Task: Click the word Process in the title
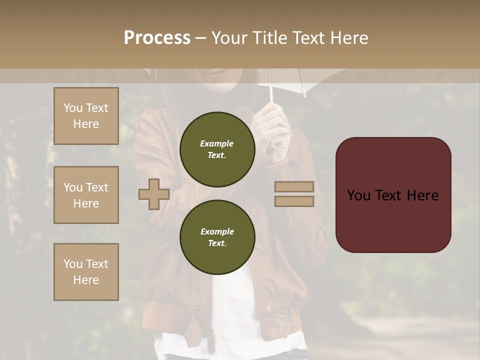[x=157, y=37]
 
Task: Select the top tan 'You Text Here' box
[x=86, y=116]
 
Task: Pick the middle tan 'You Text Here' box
[x=86, y=195]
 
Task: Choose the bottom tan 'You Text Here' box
[x=86, y=272]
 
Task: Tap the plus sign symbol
[x=154, y=194]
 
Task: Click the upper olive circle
[x=217, y=149]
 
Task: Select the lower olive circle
[x=217, y=237]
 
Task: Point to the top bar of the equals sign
[x=294, y=186]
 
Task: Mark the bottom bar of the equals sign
[x=294, y=201]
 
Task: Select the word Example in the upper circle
[x=217, y=143]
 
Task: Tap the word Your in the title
[x=229, y=37]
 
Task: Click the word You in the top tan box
[x=73, y=108]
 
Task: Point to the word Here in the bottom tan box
[x=86, y=280]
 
